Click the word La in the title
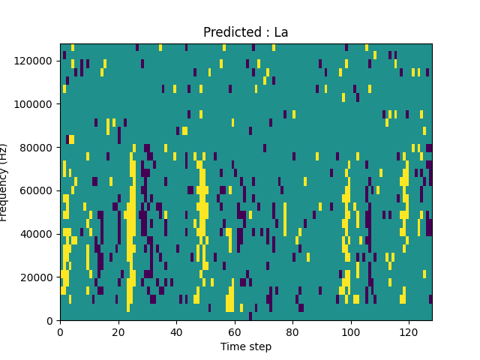point(281,33)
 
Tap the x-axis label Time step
point(246,346)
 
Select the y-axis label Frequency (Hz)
point(5,182)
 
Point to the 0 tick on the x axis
point(60,331)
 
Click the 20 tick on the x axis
point(118,331)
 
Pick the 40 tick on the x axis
point(176,331)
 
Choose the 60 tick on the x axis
point(234,331)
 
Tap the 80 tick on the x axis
point(292,331)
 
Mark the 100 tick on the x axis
point(350,331)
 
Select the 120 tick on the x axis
point(409,331)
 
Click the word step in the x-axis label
point(259,347)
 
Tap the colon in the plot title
point(267,34)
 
